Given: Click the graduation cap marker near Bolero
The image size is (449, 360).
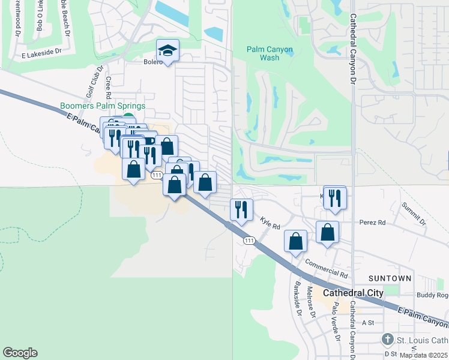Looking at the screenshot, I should [x=168, y=50].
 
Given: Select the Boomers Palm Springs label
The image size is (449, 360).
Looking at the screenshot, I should [x=103, y=106].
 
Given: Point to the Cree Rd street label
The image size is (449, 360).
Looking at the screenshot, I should [x=109, y=88].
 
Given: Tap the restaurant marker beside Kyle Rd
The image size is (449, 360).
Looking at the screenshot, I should [x=241, y=209].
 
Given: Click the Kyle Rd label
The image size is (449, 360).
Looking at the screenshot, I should [x=270, y=223].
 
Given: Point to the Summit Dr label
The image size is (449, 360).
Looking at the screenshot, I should [x=414, y=213].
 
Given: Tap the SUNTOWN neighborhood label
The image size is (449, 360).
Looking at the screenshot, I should [x=390, y=278].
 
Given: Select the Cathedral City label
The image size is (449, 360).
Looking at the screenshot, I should [x=353, y=293].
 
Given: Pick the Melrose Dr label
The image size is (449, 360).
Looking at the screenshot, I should [x=311, y=303].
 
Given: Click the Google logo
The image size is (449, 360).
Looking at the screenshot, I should [x=20, y=352].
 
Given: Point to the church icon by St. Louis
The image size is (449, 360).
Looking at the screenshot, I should [x=388, y=340].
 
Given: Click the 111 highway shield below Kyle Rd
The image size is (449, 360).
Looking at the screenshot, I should [x=249, y=240].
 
